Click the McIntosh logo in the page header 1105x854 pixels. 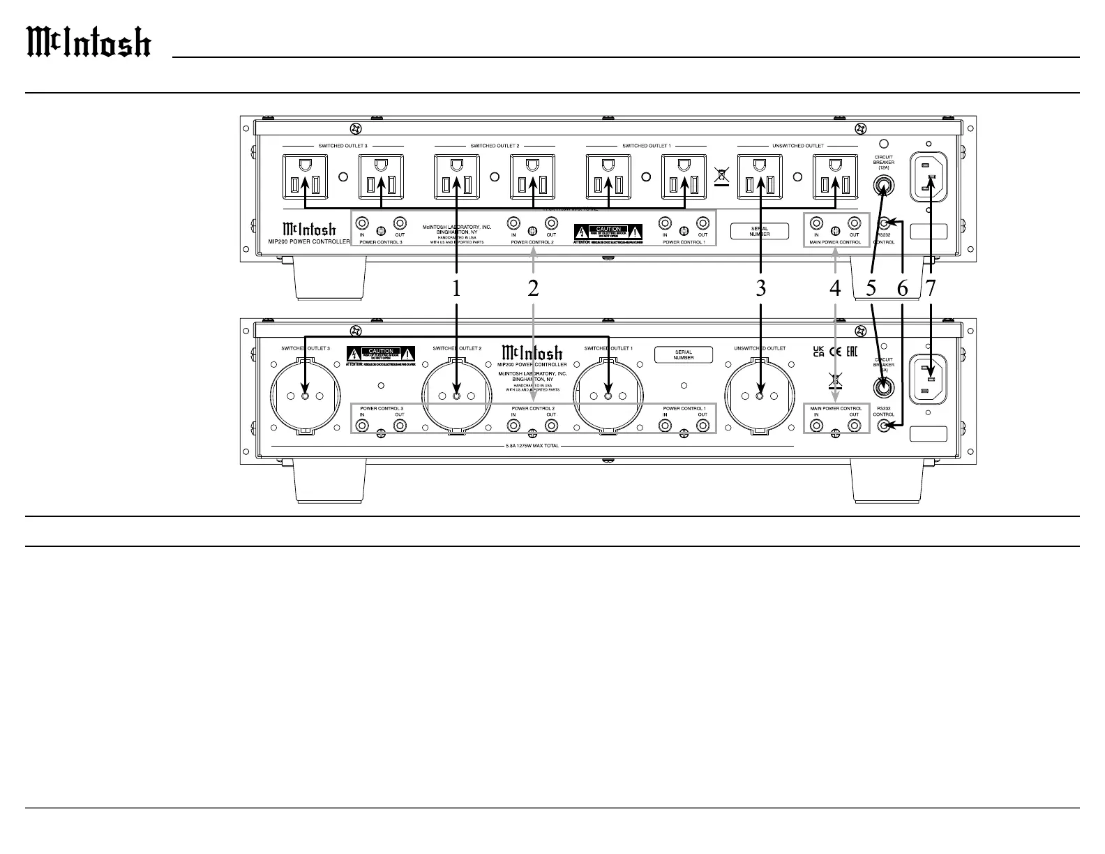click(x=89, y=42)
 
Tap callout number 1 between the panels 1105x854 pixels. click(x=456, y=288)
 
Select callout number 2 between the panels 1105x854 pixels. click(x=533, y=288)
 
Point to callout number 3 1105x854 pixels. click(x=760, y=288)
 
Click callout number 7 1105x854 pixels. click(x=931, y=288)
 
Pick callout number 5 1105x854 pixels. click(x=871, y=288)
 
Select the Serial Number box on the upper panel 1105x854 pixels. click(x=760, y=231)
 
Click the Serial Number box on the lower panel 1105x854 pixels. click(x=684, y=354)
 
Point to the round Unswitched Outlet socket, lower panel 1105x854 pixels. click(x=760, y=396)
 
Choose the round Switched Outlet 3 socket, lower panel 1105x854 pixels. click(x=305, y=396)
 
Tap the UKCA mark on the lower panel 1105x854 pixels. click(x=819, y=350)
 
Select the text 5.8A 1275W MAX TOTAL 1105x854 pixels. click(x=532, y=446)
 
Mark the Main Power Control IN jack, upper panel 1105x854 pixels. click(x=816, y=223)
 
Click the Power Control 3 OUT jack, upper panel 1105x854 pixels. click(x=400, y=223)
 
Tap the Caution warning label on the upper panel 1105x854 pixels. click(x=608, y=232)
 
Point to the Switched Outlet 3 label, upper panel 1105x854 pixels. click(x=343, y=146)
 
